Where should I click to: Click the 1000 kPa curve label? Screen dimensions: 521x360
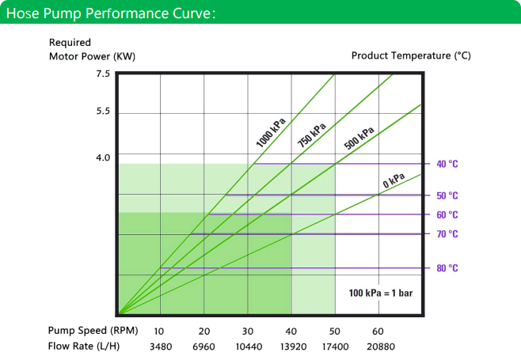point(271,132)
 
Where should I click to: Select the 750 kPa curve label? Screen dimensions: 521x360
point(312,135)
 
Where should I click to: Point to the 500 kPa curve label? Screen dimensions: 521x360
point(359,138)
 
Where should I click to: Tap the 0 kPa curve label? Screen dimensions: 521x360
point(394,180)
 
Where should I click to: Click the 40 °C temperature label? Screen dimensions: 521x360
point(447,164)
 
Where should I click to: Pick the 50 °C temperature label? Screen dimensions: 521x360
point(447,195)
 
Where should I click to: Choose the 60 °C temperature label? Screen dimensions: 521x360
point(447,215)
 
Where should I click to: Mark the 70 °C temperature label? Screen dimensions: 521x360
point(447,234)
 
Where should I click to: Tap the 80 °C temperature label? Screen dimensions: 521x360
point(447,268)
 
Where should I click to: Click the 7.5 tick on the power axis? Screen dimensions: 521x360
point(103,74)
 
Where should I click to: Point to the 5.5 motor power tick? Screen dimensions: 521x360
point(103,111)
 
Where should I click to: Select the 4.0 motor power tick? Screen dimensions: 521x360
point(103,157)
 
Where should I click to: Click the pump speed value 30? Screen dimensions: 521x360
point(248,331)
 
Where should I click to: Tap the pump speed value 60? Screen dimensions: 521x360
point(378,331)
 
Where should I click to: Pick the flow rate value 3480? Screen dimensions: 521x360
point(161,347)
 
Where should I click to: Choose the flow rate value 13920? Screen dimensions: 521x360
point(293,347)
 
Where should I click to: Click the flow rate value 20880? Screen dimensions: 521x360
point(381,347)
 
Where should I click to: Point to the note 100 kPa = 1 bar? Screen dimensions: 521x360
point(381,293)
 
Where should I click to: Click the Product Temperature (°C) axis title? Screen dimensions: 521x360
point(411,55)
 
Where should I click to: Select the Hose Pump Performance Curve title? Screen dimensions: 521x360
point(111,13)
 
